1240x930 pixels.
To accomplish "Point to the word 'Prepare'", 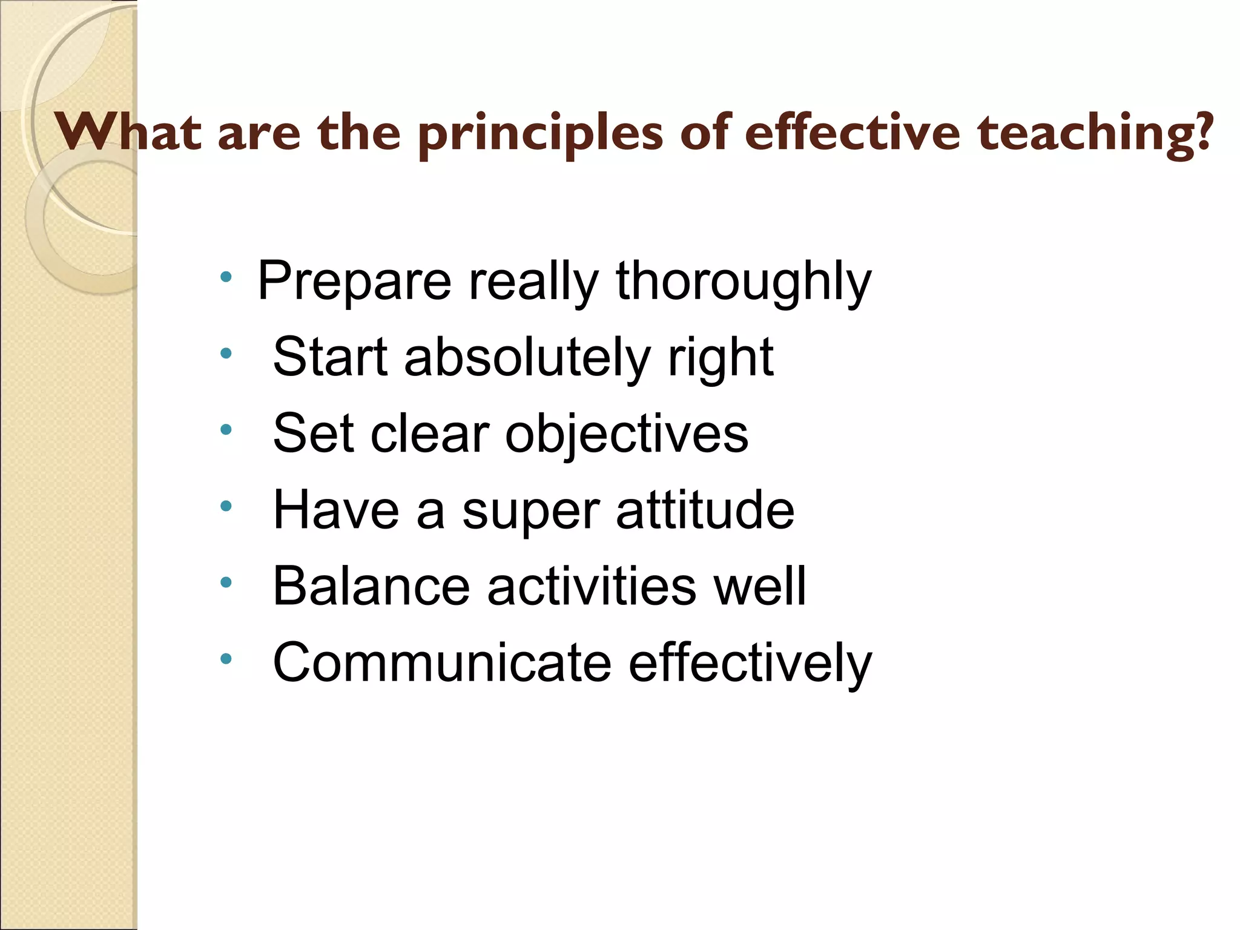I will point(354,282).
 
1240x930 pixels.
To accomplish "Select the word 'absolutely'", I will point(527,358).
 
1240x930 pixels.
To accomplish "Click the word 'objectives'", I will point(627,434).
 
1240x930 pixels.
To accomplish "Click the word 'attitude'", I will point(705,510).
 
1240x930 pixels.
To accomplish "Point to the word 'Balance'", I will point(371,586).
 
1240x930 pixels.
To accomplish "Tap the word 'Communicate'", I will point(443,662).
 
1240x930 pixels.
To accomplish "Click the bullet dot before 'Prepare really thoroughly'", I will point(226,279).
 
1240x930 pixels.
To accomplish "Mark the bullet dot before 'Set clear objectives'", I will point(226,430).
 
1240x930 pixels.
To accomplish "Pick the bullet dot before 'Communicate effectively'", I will point(226,659).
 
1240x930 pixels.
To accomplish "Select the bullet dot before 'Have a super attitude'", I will point(226,506).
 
